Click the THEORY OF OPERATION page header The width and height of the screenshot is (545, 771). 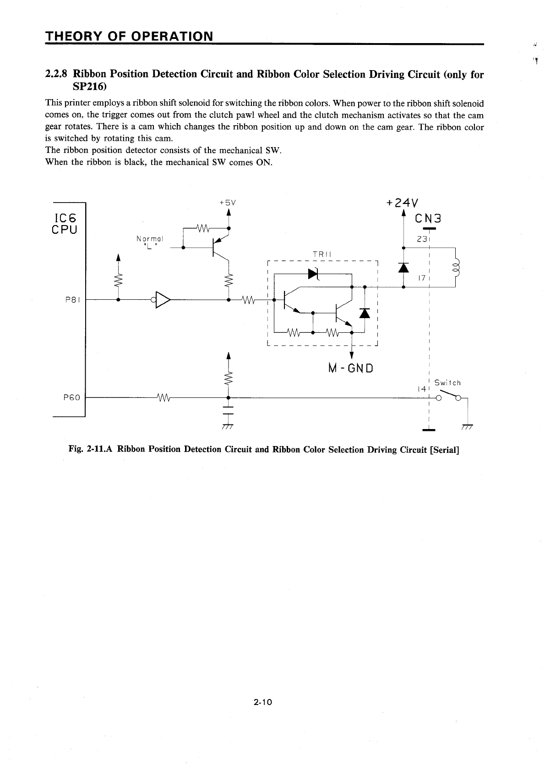coord(129,36)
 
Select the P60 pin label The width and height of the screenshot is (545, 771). coord(71,397)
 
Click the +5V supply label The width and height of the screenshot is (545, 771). coord(227,202)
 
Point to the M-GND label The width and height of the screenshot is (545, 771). coord(351,368)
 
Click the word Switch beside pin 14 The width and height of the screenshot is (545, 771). coord(447,382)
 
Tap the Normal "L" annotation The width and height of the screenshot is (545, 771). coord(149,241)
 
